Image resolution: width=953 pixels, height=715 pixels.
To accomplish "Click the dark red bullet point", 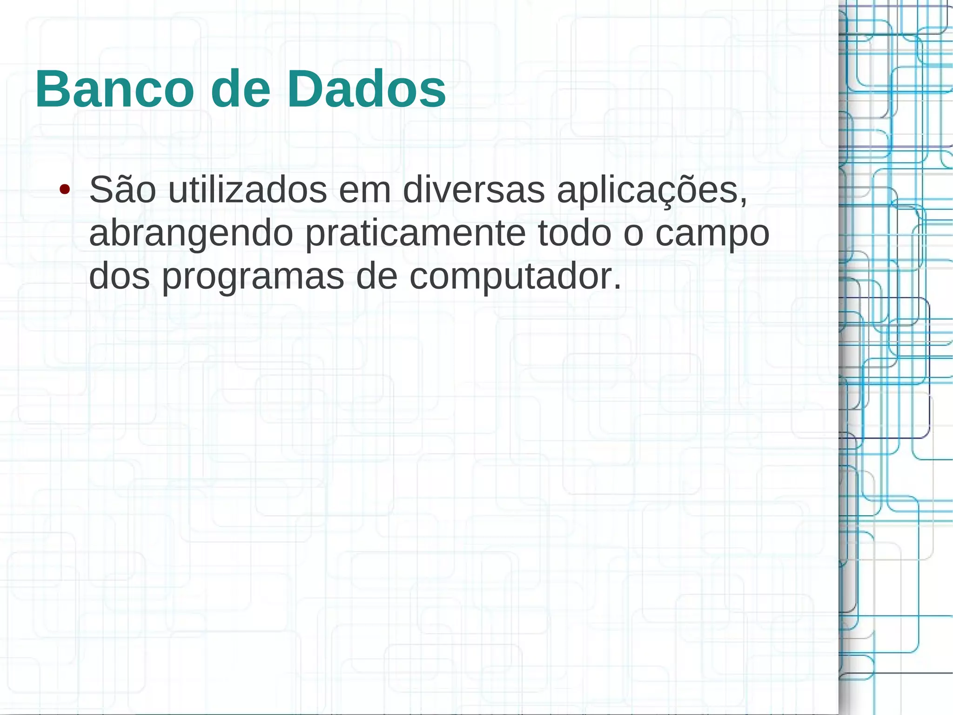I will pyautogui.click(x=65, y=190).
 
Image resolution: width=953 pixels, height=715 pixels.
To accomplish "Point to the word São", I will pyautogui.click(x=122, y=190).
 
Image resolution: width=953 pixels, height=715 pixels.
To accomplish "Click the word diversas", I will pyautogui.click(x=473, y=190).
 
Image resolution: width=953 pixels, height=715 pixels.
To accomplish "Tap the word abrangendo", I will pyautogui.click(x=191, y=234).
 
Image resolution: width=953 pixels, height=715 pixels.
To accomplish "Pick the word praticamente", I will pyautogui.click(x=416, y=234).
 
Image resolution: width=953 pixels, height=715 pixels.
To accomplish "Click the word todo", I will pyautogui.click(x=574, y=233).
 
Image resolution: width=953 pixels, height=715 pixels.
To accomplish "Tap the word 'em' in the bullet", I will pyautogui.click(x=365, y=191).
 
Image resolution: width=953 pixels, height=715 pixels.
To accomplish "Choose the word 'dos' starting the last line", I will pyautogui.click(x=120, y=277).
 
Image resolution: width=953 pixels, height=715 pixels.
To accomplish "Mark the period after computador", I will pyautogui.click(x=617, y=287).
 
